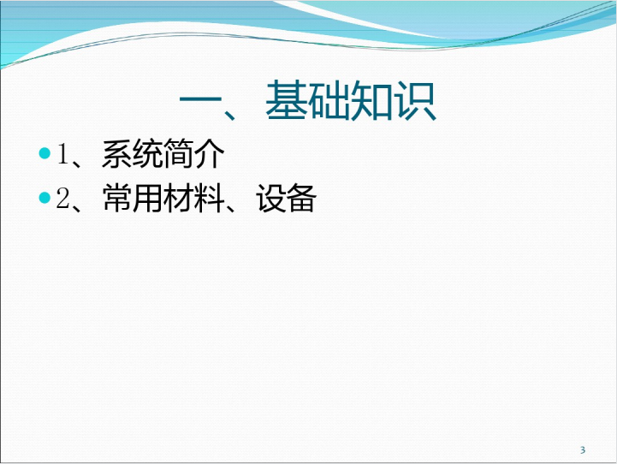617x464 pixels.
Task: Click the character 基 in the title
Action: pyautogui.click(x=286, y=100)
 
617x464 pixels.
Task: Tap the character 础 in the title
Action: pyautogui.click(x=328, y=100)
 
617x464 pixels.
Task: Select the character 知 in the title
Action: pyautogui.click(x=371, y=100)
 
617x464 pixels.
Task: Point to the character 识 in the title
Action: pyautogui.click(x=416, y=100)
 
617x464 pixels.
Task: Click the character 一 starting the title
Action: pyautogui.click(x=201, y=102)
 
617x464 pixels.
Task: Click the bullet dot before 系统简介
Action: pyautogui.click(x=45, y=153)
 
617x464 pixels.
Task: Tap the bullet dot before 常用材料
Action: pyautogui.click(x=45, y=198)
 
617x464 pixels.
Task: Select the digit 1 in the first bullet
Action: pyautogui.click(x=63, y=153)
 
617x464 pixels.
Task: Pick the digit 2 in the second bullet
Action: pyautogui.click(x=63, y=198)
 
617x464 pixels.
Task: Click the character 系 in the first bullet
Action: pyautogui.click(x=117, y=153)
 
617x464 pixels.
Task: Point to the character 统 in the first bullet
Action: pyautogui.click(x=147, y=153)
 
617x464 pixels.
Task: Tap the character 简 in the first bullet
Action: pyautogui.click(x=178, y=153)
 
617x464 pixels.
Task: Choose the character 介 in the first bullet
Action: pyautogui.click(x=209, y=153)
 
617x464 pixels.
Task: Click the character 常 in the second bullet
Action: pyautogui.click(x=117, y=198)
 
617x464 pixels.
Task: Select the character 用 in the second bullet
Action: pyautogui.click(x=147, y=198)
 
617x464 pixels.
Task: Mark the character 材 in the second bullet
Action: pyautogui.click(x=178, y=198)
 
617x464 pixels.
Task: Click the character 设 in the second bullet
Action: pyautogui.click(x=270, y=198)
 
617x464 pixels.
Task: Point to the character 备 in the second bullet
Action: pyautogui.click(x=301, y=198)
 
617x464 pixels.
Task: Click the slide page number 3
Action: pyautogui.click(x=583, y=449)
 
